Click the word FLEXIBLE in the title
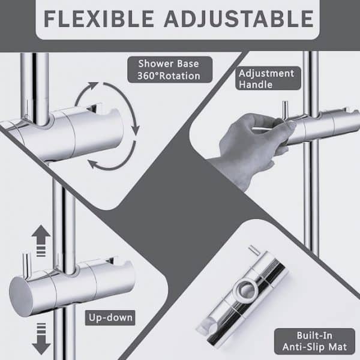99,19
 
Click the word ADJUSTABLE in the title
239,19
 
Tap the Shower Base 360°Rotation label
170,70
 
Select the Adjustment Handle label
268,79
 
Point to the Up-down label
110,318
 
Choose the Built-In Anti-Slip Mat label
314,341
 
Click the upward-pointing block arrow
41,241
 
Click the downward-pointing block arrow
41,338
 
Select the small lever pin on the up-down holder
26,265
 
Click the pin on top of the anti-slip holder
254,250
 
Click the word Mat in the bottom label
339,347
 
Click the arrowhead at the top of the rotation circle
93,86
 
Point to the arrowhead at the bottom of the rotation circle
93,164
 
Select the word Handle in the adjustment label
256,85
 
